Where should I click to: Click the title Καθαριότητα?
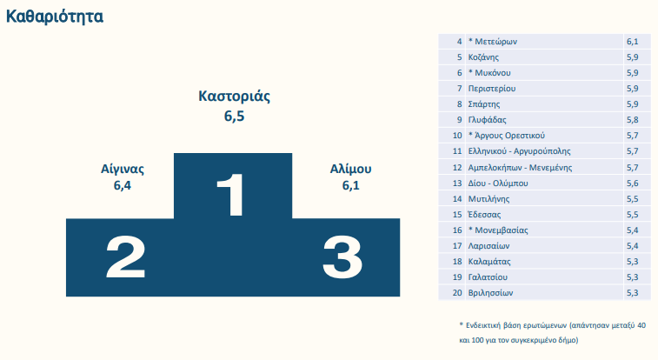click(55, 17)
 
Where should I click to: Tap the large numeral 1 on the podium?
click(230, 195)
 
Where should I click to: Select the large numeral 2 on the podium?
click(125, 257)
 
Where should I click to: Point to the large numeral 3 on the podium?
click(342, 257)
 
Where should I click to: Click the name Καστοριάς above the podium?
click(234, 96)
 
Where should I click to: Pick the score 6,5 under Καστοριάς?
click(234, 116)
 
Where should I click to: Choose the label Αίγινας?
click(122, 169)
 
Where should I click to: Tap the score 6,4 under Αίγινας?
click(122, 185)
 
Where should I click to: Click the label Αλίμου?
click(350, 169)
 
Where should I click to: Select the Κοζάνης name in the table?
click(483, 57)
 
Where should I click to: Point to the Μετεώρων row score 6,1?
click(633, 42)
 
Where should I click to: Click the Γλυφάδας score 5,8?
click(633, 120)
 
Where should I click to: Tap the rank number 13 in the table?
click(457, 183)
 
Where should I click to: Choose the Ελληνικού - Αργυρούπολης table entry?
click(519, 151)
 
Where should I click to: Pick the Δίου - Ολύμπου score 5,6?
click(633, 183)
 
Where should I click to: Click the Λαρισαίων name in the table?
click(489, 246)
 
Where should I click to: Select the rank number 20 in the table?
click(457, 293)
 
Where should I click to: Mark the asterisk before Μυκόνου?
click(470, 72)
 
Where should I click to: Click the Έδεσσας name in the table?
click(484, 215)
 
